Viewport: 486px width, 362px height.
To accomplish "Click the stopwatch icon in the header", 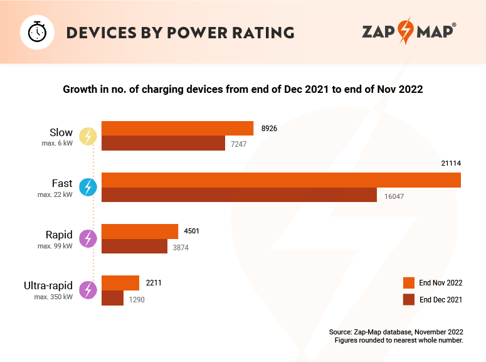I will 37,31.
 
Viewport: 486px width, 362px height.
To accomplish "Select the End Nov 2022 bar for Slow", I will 177,129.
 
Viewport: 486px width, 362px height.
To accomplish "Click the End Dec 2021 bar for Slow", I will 163,144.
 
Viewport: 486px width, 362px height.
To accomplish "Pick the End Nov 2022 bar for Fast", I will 281,180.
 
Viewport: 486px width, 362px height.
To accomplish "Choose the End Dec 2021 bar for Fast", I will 238,195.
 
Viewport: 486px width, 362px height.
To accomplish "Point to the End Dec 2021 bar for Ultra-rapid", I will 112,298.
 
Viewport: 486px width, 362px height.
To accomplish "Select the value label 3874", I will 181,248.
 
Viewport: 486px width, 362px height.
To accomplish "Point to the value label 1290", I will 137,300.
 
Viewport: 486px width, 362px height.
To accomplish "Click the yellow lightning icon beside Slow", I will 88,136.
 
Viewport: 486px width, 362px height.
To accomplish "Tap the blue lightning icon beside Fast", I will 88,187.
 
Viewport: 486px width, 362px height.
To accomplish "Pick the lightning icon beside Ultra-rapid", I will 88,290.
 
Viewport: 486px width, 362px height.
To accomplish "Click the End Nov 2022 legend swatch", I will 409,283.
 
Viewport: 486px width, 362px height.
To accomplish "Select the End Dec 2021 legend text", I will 441,300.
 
